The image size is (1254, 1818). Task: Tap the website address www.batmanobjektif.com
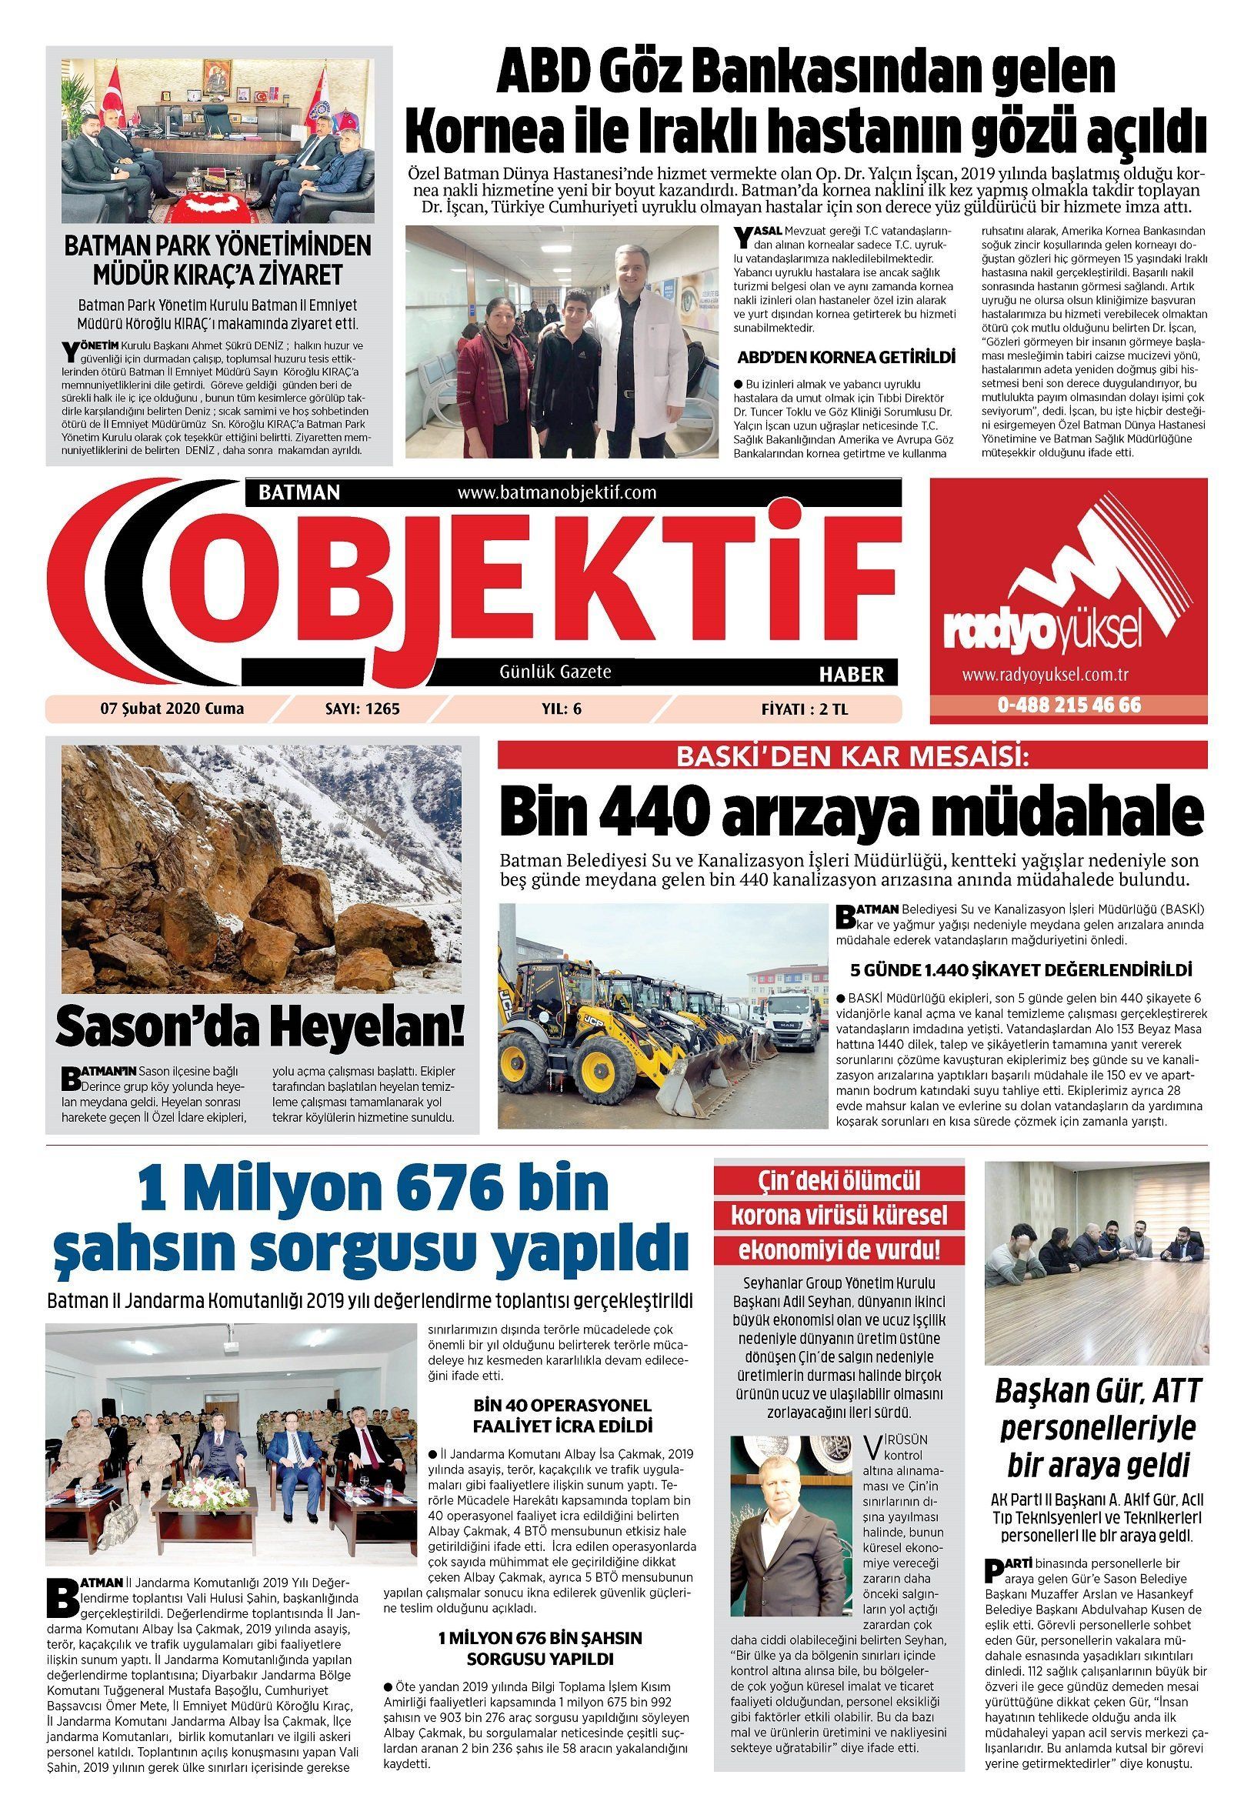pos(556,492)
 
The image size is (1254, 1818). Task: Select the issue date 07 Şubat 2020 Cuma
pos(172,709)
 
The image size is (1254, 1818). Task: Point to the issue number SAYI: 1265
pos(362,709)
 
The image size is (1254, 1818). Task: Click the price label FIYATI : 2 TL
pos(804,709)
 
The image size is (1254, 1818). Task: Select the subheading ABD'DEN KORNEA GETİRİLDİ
pos(846,358)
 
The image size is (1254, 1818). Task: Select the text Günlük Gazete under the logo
pos(555,672)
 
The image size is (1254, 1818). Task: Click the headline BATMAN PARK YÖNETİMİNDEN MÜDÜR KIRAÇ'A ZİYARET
pos(218,259)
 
